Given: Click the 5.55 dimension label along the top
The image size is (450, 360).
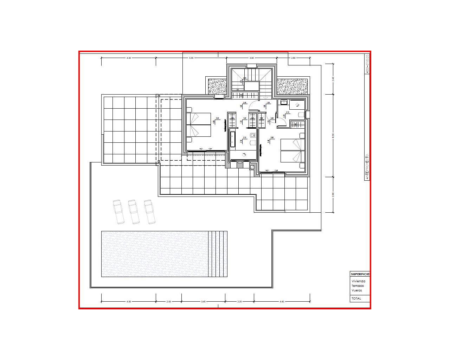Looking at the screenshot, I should point(191,58).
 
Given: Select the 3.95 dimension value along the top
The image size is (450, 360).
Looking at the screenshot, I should point(252,58).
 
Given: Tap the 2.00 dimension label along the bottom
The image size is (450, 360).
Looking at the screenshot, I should point(169,301).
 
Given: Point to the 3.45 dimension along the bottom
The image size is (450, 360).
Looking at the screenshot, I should point(203,301).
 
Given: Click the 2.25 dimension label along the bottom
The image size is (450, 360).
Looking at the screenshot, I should point(239,301).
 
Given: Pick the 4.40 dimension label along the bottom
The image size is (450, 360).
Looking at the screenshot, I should point(282,301).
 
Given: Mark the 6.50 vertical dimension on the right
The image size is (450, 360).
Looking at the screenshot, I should point(333,136).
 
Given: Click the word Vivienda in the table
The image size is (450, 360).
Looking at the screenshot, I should point(358,281).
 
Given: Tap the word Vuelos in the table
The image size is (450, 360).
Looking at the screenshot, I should point(356,290).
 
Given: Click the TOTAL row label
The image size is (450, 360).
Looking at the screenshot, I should point(356,298).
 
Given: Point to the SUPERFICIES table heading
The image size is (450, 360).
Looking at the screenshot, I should point(360,274).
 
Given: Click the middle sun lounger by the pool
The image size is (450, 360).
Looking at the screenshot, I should point(133,212).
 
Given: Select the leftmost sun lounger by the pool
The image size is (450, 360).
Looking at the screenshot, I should point(118,212).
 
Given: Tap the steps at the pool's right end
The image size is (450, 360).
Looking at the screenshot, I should point(218,254).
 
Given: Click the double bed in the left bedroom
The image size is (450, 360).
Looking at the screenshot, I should point(199,125).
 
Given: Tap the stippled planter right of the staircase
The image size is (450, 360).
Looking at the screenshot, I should point(292,86).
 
